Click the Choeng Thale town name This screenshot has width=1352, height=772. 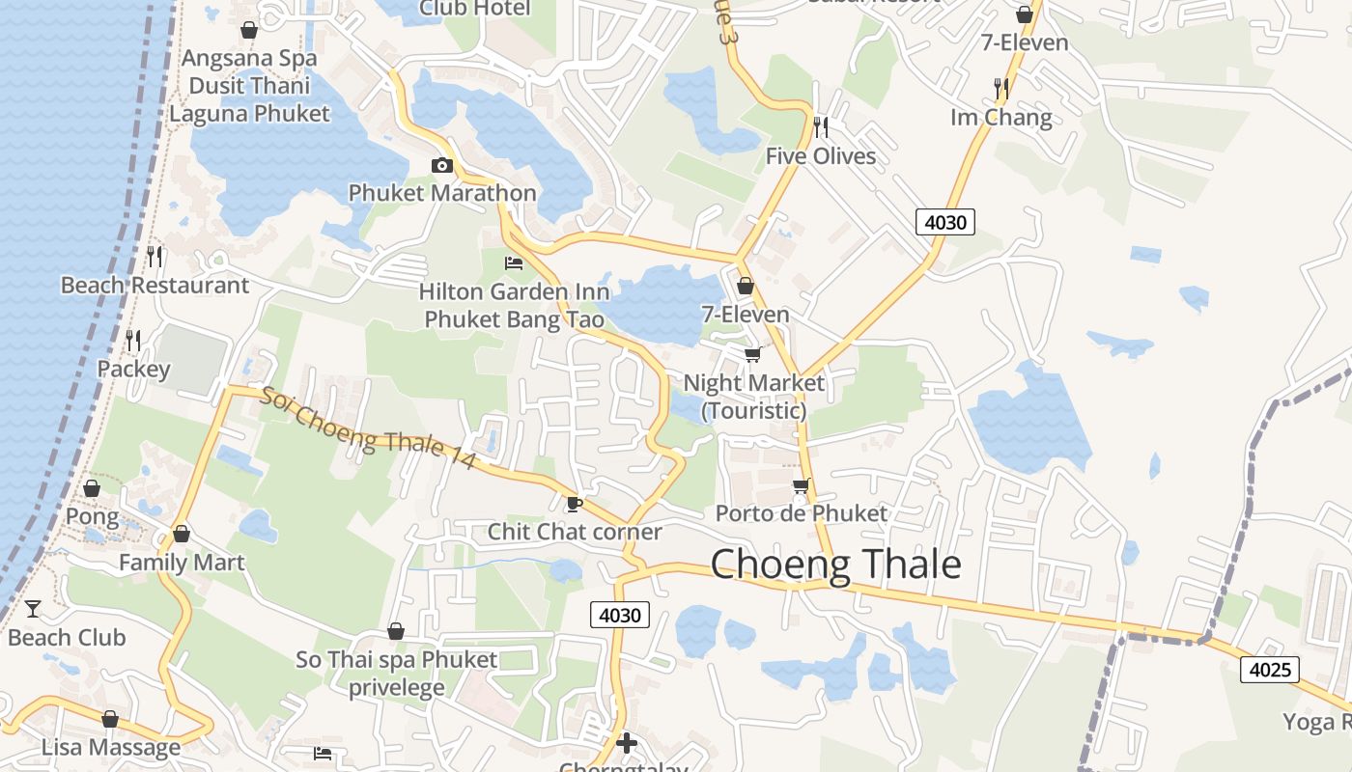[x=835, y=565]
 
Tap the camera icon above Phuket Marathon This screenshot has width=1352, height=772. [x=441, y=165]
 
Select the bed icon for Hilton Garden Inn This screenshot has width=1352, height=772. [x=514, y=262]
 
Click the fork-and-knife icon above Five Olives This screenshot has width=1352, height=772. [x=821, y=126]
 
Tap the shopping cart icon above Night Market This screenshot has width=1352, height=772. [x=752, y=355]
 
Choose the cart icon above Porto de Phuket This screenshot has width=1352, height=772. [x=801, y=485]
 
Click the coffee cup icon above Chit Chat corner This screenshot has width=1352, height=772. [x=575, y=504]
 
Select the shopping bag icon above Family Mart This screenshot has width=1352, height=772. [x=181, y=534]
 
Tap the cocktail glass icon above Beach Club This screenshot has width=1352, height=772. [x=33, y=608]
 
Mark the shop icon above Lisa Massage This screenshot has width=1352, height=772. [x=110, y=720]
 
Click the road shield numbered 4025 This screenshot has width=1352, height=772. [x=1270, y=669]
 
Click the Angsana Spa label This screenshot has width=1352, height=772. [x=249, y=58]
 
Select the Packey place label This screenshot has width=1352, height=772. [x=133, y=369]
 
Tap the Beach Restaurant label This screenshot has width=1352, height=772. [x=155, y=285]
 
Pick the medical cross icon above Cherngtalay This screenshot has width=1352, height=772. [x=626, y=742]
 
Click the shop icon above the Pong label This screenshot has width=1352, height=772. [x=92, y=488]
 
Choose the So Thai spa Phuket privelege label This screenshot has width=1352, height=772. [x=396, y=674]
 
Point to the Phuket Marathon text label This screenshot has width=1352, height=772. [x=442, y=193]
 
